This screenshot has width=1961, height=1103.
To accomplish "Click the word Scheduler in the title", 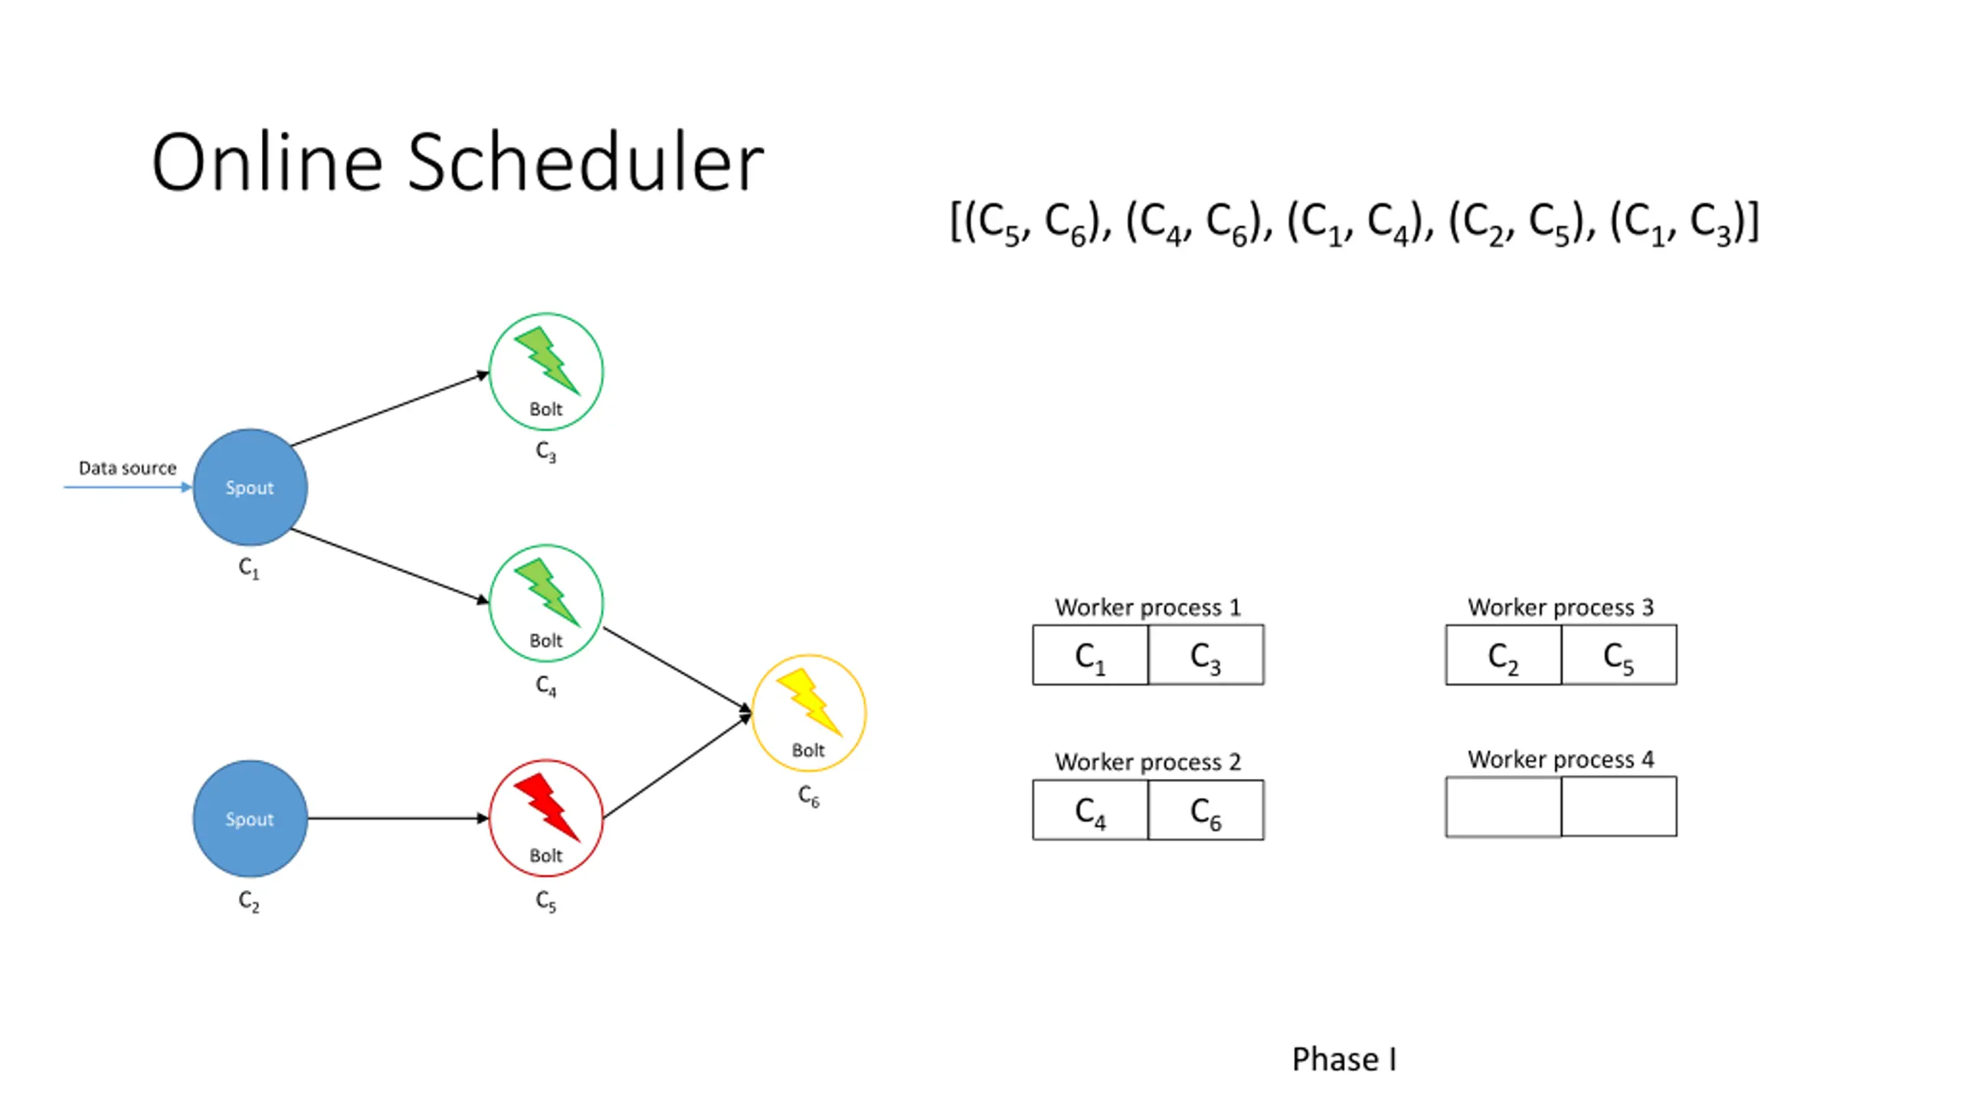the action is [x=585, y=162].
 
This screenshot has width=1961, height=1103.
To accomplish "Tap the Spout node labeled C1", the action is [x=250, y=487].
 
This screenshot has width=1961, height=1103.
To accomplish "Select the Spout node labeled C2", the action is [x=250, y=818].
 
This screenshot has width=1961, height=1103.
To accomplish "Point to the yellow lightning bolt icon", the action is [x=810, y=702].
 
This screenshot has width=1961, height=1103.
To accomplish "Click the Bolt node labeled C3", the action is [x=546, y=371].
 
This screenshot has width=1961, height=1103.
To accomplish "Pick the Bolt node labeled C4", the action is [x=546, y=603].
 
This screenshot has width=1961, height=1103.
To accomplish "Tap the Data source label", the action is [x=127, y=467].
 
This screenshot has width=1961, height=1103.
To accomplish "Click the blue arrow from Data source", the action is [x=128, y=487].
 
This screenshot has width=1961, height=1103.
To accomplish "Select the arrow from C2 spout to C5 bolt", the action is [x=398, y=818].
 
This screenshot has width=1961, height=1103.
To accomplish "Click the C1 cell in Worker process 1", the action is [x=1090, y=655].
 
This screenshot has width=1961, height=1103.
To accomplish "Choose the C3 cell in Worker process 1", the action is [x=1206, y=655].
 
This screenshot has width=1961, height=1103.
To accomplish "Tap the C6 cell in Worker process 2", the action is [x=1206, y=810].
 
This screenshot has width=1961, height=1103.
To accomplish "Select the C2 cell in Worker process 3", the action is [x=1503, y=655].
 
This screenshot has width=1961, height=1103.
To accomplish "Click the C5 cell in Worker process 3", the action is [x=1619, y=655].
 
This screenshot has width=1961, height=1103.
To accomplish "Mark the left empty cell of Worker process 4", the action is [x=1503, y=807].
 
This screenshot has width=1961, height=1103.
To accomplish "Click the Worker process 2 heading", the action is [x=1147, y=761].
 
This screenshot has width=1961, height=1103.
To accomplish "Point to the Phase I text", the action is [x=1344, y=1059].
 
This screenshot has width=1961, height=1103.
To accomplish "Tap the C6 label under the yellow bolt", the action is [x=809, y=797].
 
